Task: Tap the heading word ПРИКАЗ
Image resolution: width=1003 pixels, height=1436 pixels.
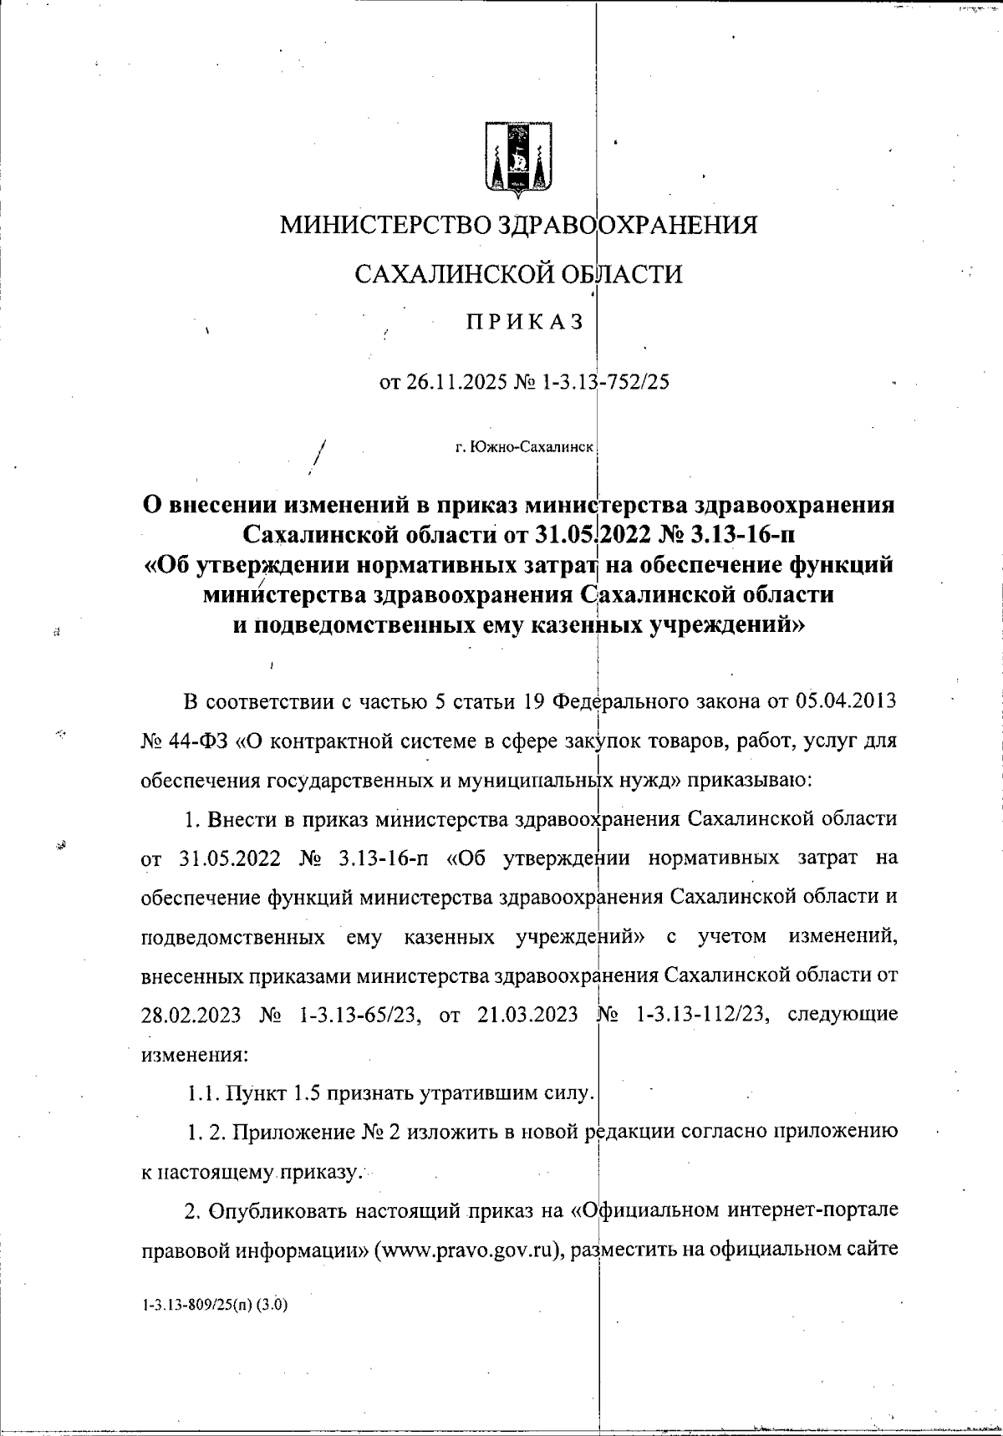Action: coord(525,323)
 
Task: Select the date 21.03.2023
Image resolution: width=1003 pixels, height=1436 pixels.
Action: coord(528,1015)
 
